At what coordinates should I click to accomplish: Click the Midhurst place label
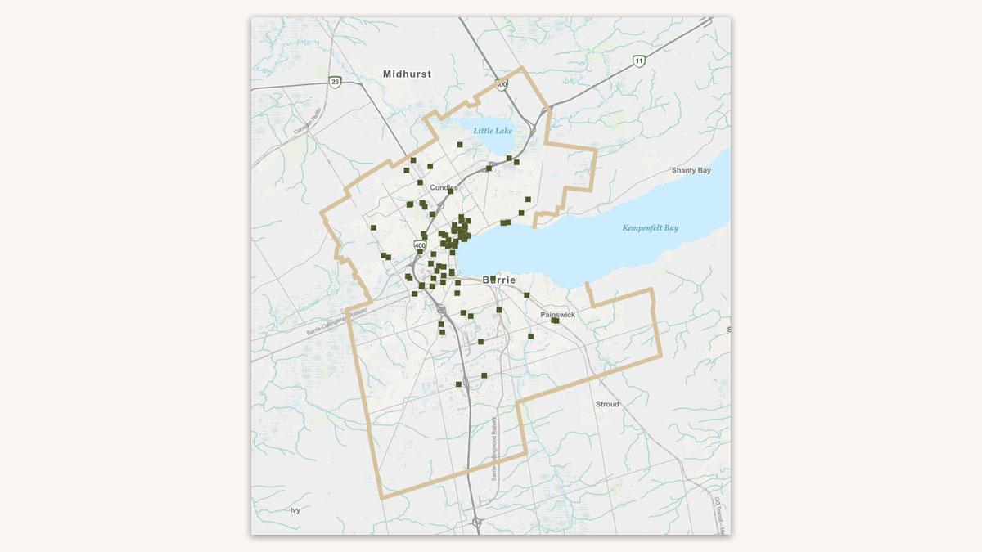point(407,74)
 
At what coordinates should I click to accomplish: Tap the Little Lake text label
point(492,130)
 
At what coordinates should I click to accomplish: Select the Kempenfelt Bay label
point(650,228)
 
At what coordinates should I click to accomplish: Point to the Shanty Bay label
point(691,171)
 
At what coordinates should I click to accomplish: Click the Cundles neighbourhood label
point(444,187)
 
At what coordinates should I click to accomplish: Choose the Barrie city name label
point(500,280)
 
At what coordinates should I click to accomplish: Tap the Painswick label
point(557,315)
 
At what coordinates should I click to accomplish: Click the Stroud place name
point(607,405)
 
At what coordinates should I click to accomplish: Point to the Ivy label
point(295,510)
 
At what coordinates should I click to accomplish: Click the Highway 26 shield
point(335,82)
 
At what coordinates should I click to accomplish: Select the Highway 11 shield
point(639,61)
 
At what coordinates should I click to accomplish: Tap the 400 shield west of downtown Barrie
point(420,245)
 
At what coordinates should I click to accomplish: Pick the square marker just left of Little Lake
point(460,145)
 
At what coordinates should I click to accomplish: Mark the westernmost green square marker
point(373,227)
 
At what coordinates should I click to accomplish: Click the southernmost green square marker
point(459,384)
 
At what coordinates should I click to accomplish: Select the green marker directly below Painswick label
point(555,321)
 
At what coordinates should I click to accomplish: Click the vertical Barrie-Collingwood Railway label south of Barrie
point(494,450)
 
